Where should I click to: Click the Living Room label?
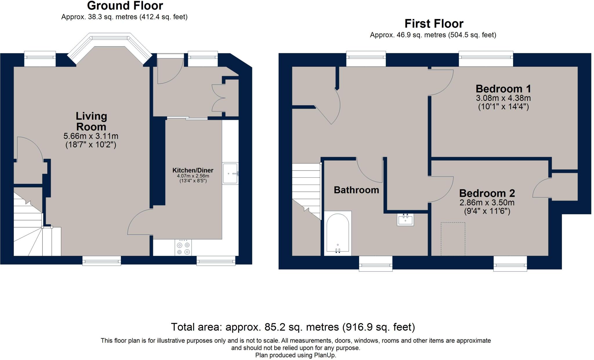[x=91, y=121]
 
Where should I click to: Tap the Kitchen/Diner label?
[x=193, y=170]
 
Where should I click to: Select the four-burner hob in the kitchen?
[x=183, y=248]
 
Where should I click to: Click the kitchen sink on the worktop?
[x=230, y=173]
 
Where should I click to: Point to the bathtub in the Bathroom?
[x=338, y=233]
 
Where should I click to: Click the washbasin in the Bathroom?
[x=405, y=219]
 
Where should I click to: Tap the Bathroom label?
[x=356, y=190]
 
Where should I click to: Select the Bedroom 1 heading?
[x=503, y=89]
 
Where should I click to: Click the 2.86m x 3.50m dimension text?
[x=487, y=202]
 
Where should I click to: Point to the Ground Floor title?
[x=125, y=6]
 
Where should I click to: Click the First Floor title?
[x=434, y=23]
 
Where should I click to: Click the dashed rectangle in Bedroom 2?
[x=453, y=239]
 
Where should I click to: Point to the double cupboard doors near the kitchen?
[x=218, y=98]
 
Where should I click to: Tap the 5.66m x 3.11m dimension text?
[x=91, y=136]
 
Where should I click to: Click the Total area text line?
[x=293, y=327]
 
